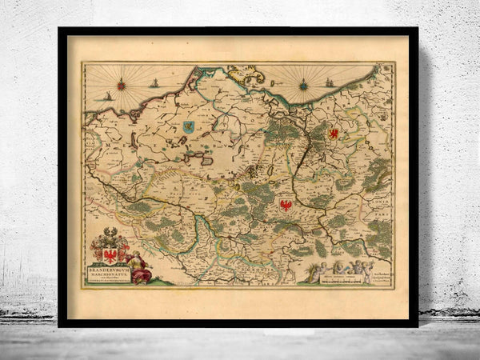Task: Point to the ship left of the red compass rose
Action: pos(107,96)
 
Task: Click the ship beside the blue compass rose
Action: pos(330,81)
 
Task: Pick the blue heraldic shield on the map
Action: pos(188,126)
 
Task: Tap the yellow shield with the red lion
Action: pos(334,133)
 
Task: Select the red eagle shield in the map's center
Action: pos(285,206)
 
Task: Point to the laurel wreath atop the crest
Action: pos(110,233)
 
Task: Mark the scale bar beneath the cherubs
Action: pos(337,278)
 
